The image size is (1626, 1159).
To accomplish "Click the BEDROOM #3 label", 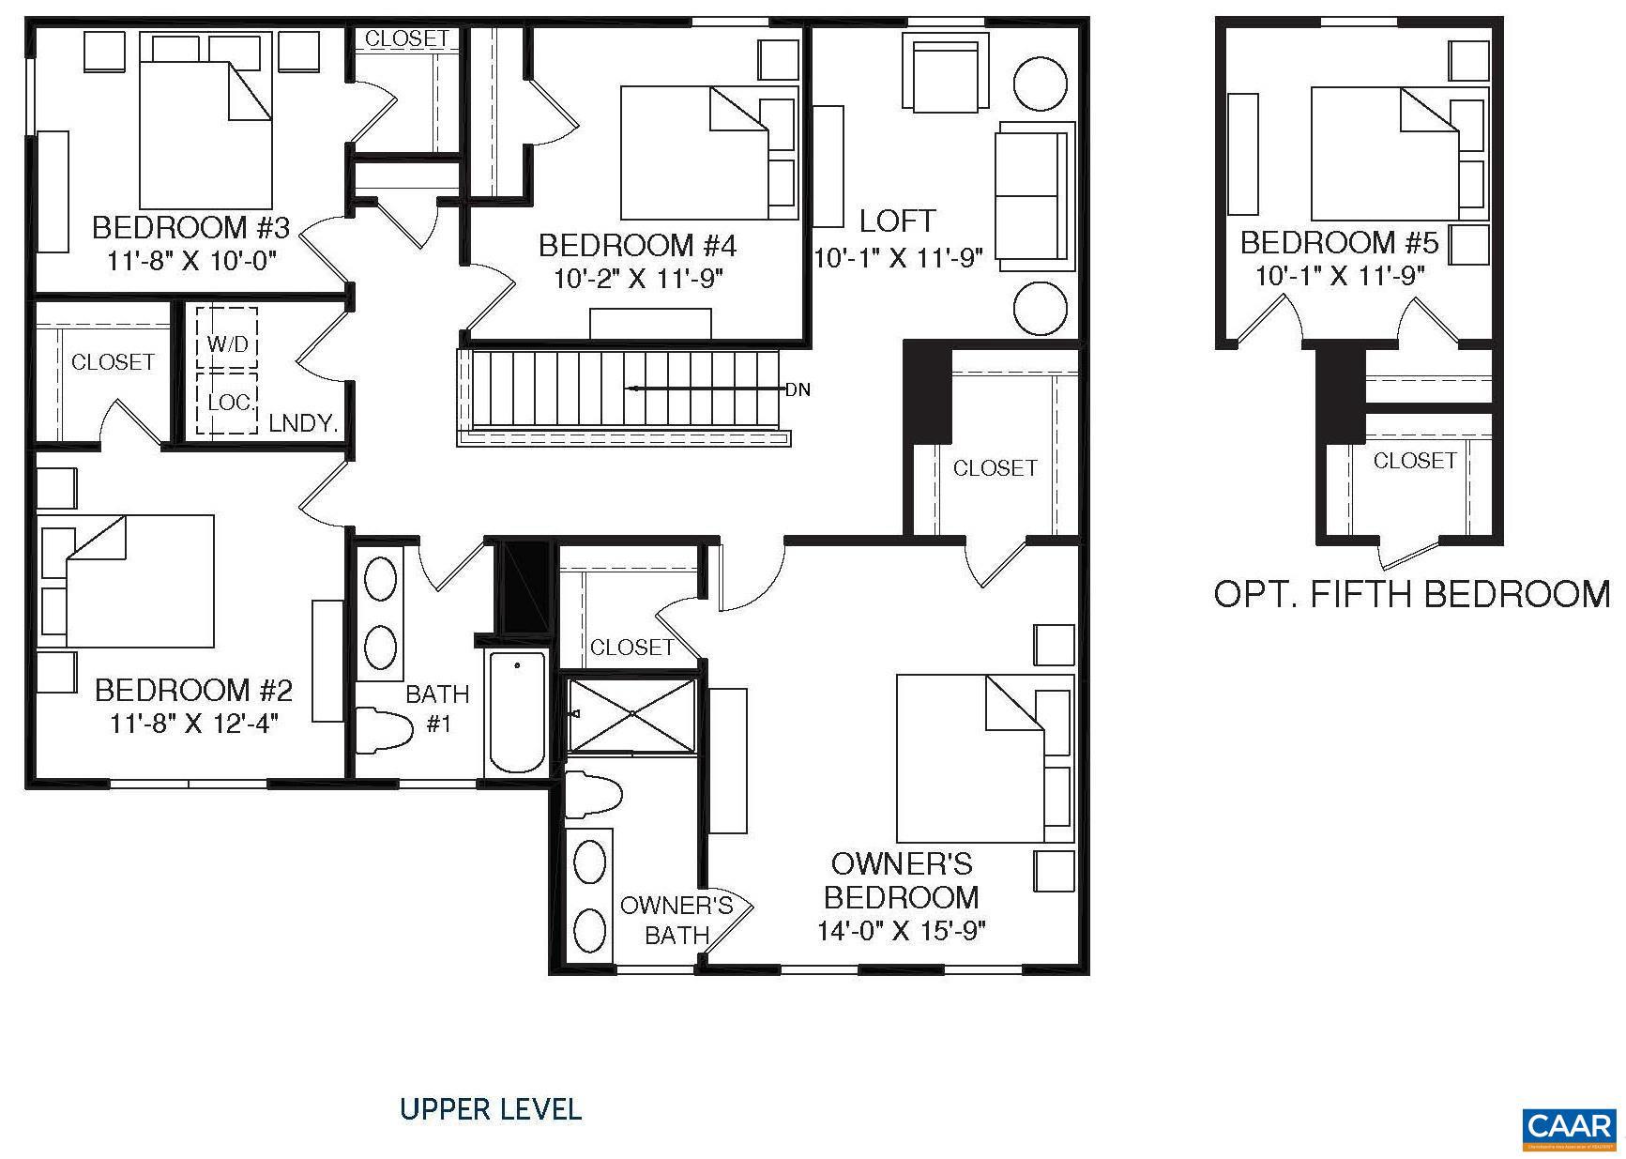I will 191,228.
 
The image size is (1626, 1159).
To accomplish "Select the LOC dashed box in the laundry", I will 227,404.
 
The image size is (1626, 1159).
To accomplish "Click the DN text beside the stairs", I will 798,389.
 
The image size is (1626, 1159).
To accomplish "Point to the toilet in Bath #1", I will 384,729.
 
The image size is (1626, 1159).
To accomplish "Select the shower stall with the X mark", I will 632,714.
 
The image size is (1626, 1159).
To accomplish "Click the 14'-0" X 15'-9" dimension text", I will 903,931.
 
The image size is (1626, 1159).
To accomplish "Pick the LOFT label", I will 897,221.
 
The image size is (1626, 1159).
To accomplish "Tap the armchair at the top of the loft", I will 945,73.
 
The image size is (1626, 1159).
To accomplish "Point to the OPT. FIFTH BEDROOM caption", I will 1411,594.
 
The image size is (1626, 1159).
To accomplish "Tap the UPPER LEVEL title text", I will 491,1109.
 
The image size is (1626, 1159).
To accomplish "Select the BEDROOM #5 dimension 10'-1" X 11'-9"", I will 1340,276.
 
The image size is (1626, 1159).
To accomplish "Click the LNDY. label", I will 303,423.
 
